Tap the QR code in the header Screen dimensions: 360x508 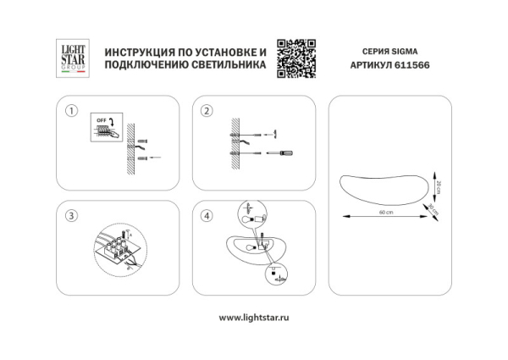pos(296,58)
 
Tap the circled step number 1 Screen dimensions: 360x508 pos(72,111)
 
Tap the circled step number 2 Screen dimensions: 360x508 pos(207,111)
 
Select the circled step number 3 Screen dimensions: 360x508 pos(72,216)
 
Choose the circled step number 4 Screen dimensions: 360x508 pos(207,216)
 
